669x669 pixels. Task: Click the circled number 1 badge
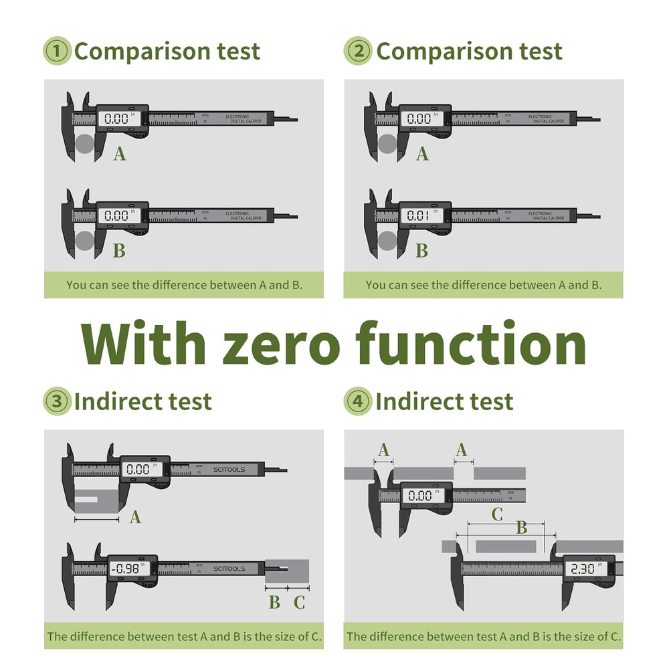point(57,52)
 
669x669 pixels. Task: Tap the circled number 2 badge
point(358,52)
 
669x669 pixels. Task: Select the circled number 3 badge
point(57,401)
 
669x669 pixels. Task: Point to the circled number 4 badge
point(358,401)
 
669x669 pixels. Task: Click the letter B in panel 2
point(422,251)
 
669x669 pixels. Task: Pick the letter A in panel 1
point(120,155)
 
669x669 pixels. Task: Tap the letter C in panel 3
point(299,603)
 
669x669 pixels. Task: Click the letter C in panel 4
point(497,514)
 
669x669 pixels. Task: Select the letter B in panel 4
point(521,528)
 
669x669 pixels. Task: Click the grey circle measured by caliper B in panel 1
point(84,241)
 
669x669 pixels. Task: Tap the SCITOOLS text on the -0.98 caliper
point(229,569)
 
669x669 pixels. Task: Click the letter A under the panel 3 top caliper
point(136,517)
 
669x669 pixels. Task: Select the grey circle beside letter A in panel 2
point(387,144)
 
